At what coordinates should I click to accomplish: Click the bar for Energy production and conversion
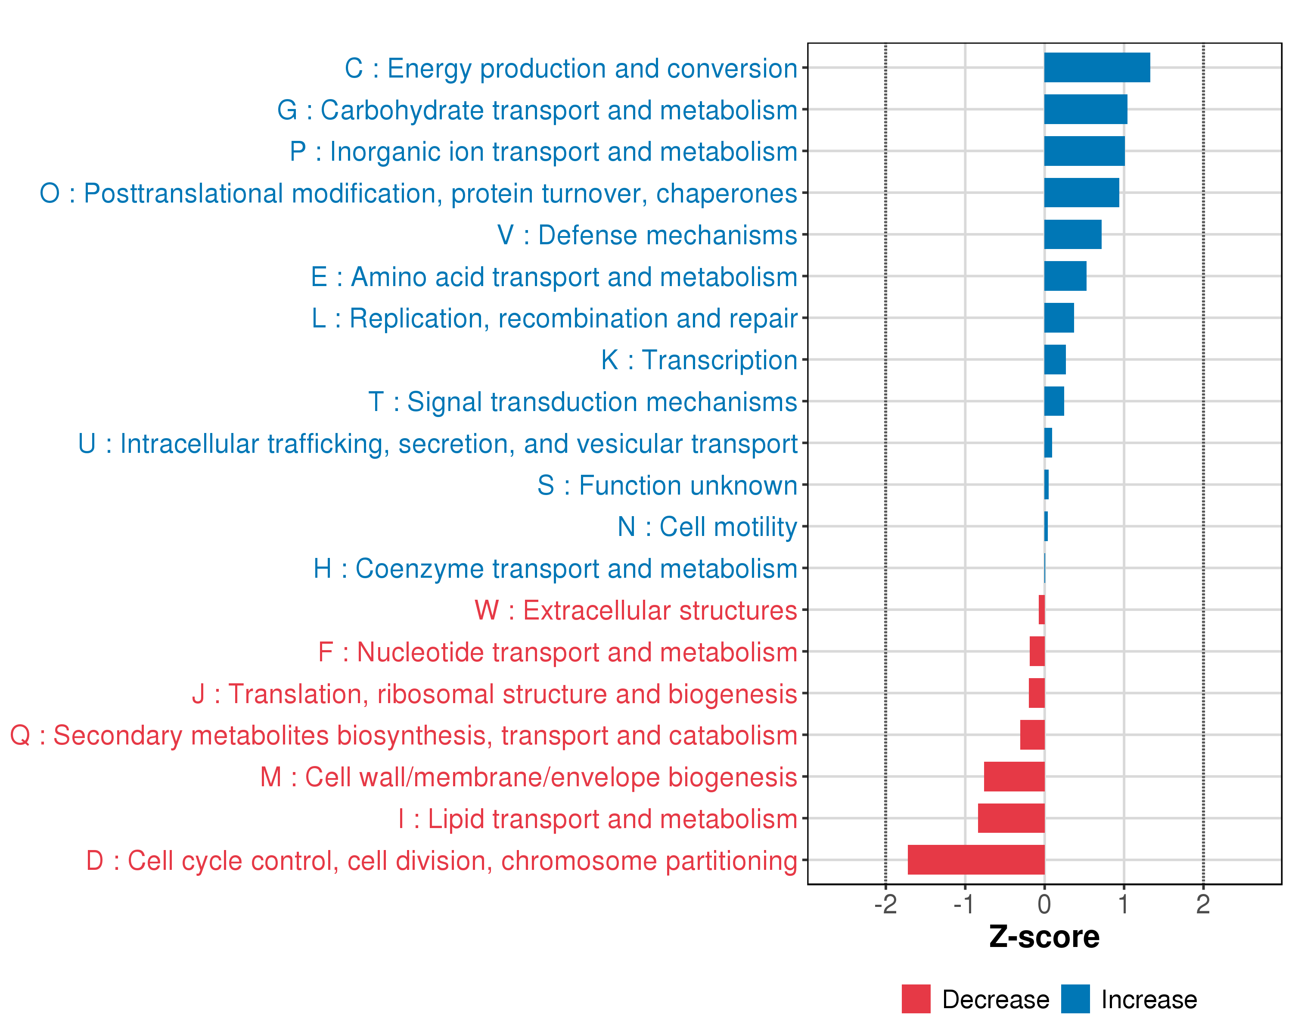click(x=1096, y=68)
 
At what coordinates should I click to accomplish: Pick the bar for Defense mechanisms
click(x=1073, y=234)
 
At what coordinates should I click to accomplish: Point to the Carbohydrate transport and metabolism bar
click(x=1085, y=109)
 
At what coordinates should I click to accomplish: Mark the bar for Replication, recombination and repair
click(x=1059, y=318)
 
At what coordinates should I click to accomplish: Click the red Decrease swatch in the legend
click(x=916, y=999)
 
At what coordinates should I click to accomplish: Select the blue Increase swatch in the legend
click(x=1075, y=999)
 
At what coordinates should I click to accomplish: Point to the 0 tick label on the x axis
click(x=1044, y=904)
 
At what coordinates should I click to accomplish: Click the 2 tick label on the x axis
click(x=1203, y=904)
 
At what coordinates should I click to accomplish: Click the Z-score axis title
click(x=1044, y=937)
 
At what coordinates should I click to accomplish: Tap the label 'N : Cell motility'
click(x=707, y=527)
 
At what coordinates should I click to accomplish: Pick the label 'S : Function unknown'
click(x=667, y=486)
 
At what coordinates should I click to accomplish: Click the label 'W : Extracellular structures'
click(x=636, y=610)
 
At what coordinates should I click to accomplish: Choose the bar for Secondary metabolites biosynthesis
click(x=1032, y=735)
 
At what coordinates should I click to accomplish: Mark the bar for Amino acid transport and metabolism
click(x=1065, y=276)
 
